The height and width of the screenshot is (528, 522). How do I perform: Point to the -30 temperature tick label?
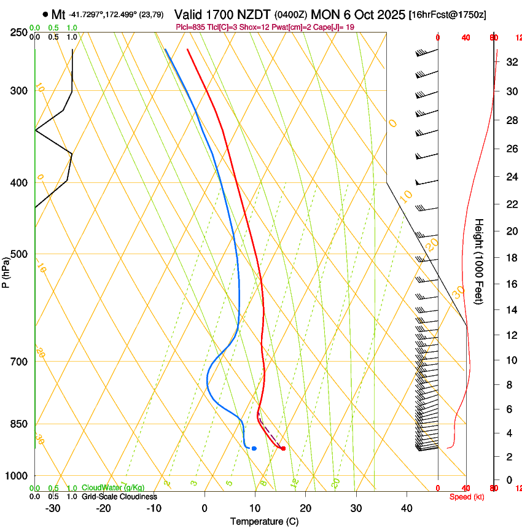point(53,508)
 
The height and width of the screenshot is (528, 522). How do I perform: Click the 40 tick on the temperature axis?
point(407,508)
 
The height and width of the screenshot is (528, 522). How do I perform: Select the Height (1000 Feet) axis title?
point(480,261)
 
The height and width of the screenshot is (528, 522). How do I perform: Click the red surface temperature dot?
point(283,448)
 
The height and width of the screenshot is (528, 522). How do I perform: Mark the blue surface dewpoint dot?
point(254,448)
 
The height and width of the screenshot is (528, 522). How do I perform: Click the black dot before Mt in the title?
point(45,14)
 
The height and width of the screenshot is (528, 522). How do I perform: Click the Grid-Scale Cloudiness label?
point(119,497)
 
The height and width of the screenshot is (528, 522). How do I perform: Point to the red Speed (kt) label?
point(467,497)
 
